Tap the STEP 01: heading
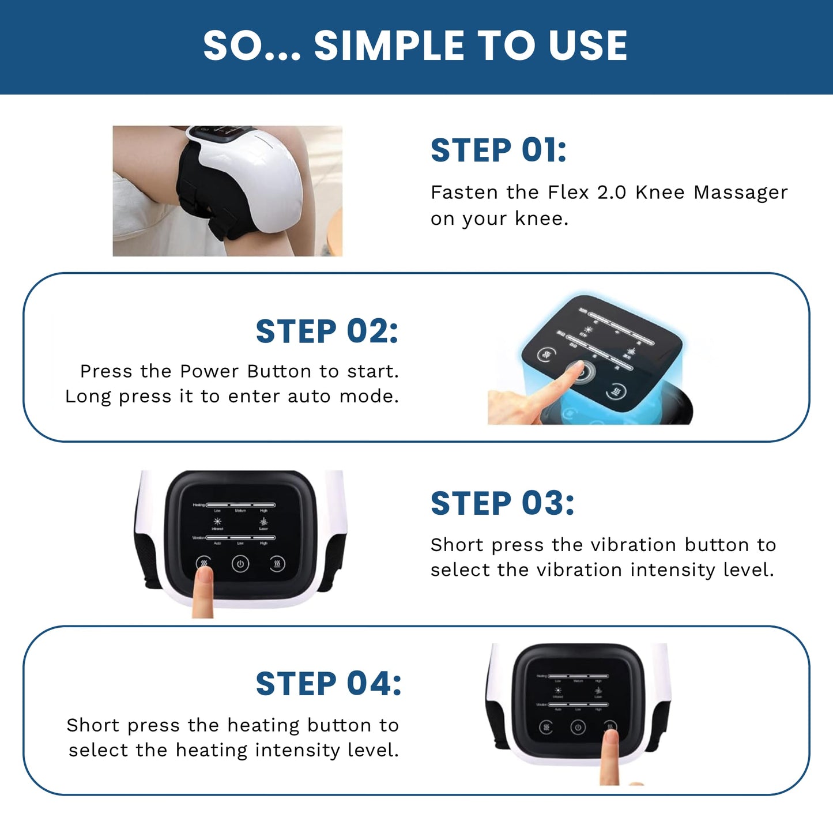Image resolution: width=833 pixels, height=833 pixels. click(x=498, y=151)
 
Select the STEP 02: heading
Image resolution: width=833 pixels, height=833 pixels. click(x=326, y=332)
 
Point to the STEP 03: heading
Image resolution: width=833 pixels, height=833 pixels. click(x=502, y=504)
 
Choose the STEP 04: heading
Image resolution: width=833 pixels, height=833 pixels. click(x=328, y=684)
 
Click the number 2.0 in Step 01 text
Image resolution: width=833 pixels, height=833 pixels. click(x=611, y=193)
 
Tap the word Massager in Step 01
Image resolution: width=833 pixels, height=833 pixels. click(x=740, y=193)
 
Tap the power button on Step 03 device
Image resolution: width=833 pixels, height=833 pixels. click(x=240, y=564)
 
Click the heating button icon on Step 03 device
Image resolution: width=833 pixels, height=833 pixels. click(x=277, y=564)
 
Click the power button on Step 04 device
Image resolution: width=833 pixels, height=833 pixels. click(x=578, y=728)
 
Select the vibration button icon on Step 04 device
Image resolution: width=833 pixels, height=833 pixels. click(x=546, y=728)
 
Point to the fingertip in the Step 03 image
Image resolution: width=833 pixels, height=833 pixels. click(x=202, y=574)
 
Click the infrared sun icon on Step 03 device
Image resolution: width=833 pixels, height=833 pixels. click(x=217, y=521)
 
